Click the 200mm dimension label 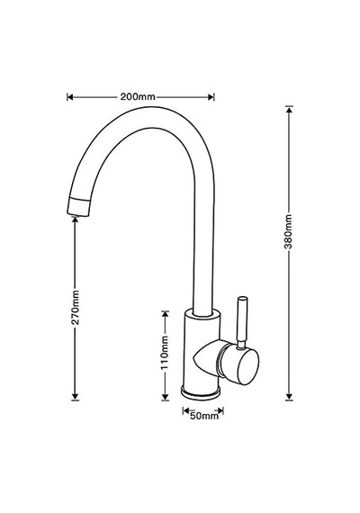point(138,97)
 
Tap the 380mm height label point(288,231)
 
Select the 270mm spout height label point(76,307)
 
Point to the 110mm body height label point(165,353)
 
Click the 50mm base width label point(204,416)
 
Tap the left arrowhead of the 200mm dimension point(69,97)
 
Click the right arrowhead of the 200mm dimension point(211,97)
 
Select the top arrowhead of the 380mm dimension point(289,109)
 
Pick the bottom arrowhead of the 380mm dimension point(289,397)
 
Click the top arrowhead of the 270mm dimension point(76,220)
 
